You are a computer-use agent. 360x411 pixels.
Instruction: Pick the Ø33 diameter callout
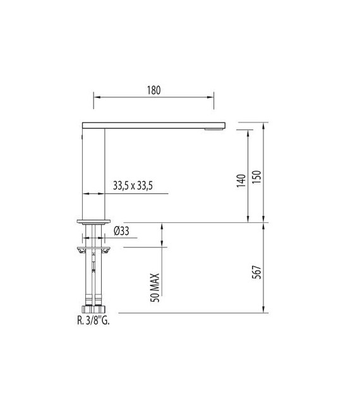click(x=121, y=232)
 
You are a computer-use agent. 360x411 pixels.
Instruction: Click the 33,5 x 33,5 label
click(x=133, y=186)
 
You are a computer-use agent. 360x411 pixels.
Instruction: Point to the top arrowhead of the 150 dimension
click(x=265, y=124)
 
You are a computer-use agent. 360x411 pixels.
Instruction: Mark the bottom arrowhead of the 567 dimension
click(x=265, y=311)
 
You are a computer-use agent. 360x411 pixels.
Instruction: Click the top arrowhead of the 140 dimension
click(x=247, y=130)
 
